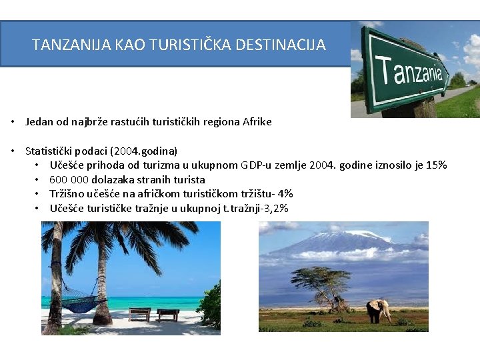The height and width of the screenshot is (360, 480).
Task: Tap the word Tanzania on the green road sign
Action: pos(409,69)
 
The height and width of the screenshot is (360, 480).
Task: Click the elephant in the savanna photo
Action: pos(379,311)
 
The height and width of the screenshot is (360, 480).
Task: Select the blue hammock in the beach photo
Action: pos(82,304)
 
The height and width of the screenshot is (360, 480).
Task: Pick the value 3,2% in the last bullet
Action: pos(275,209)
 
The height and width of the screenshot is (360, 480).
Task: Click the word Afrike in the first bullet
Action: pos(257,122)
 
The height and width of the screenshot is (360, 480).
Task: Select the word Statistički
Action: pos(49,151)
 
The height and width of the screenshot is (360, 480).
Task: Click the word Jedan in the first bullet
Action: pos(38,122)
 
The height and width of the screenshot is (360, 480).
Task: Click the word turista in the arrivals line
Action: pos(189,179)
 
